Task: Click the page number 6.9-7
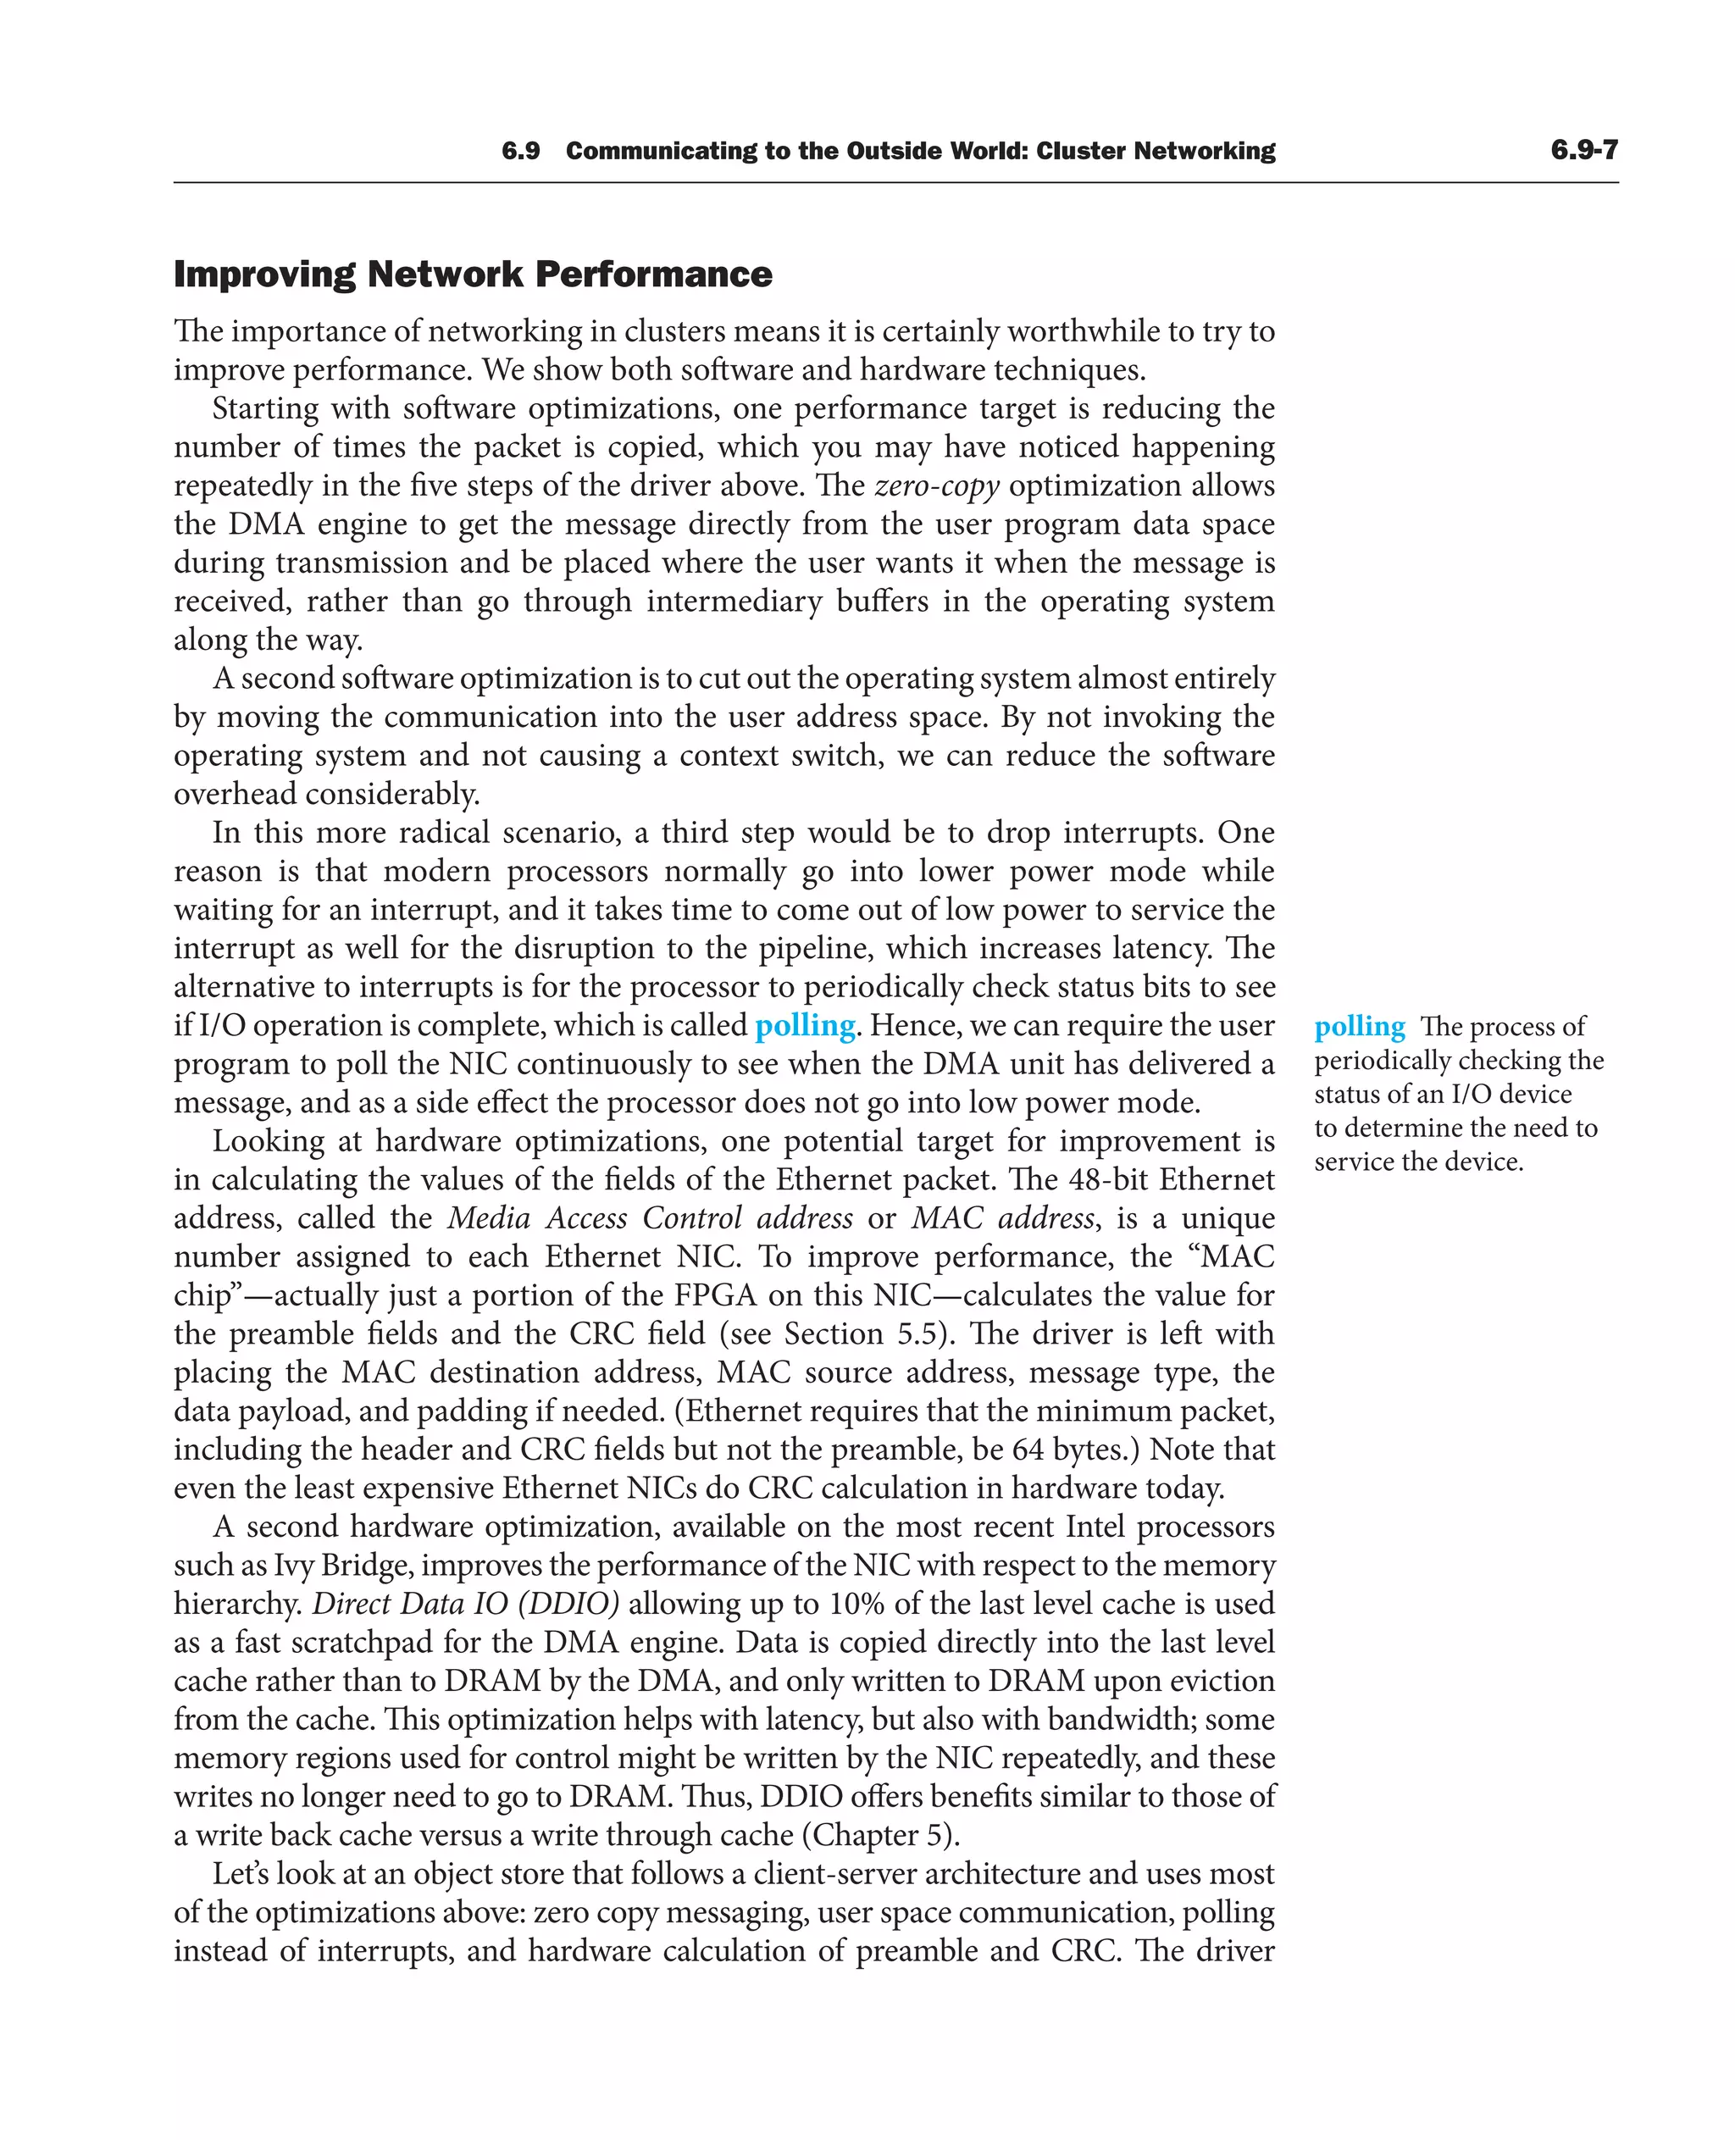(x=1583, y=150)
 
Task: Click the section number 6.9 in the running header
(x=521, y=151)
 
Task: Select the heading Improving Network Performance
(x=473, y=274)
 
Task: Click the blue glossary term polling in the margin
(x=1359, y=1027)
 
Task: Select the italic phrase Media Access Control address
(x=650, y=1218)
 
